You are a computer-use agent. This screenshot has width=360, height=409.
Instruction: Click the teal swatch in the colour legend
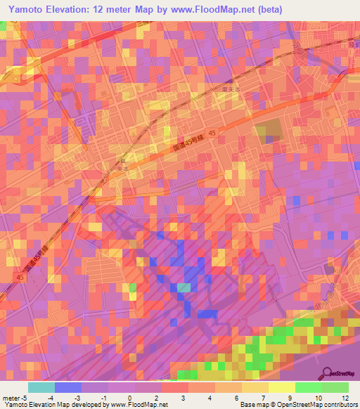(x=41, y=387)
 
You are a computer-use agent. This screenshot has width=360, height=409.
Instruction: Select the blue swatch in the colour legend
(x=67, y=387)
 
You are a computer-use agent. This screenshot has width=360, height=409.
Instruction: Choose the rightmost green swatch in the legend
(x=335, y=387)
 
